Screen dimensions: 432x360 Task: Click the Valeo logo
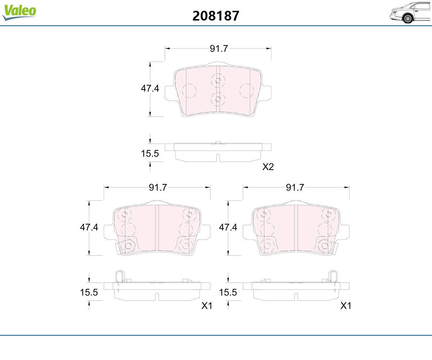pos(19,12)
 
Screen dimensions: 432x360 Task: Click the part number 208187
pos(216,16)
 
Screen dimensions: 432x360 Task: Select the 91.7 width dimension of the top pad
pos(219,49)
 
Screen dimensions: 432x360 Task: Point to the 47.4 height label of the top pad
pos(150,88)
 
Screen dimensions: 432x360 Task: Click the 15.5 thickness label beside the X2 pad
pos(150,153)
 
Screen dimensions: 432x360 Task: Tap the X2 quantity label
pos(268,167)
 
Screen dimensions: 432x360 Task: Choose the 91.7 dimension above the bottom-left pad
pos(158,188)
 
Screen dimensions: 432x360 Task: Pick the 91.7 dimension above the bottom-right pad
pos(295,188)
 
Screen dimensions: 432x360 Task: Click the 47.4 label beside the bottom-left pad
pos(89,227)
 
